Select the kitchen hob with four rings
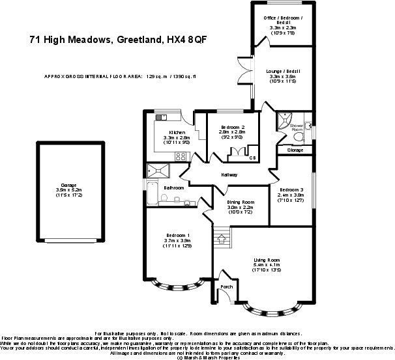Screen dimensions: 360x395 click(x=181, y=156)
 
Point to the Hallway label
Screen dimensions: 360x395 click(x=229, y=175)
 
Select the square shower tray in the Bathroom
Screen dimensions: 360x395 click(x=158, y=171)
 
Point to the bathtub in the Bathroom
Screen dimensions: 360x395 click(x=152, y=193)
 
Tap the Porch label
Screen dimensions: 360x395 click(x=226, y=287)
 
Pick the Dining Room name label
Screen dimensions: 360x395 click(x=239, y=202)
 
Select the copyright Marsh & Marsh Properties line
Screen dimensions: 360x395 click(x=197, y=357)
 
